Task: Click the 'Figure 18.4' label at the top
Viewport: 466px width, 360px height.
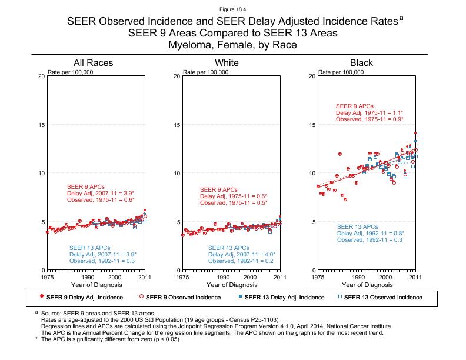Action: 232,10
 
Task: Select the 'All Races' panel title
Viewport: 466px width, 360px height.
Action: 94,63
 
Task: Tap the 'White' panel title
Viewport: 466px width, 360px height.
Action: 227,63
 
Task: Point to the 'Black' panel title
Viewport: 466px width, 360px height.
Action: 361,63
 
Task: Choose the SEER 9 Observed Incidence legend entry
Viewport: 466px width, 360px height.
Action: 179,298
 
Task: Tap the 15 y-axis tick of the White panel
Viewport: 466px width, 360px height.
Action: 177,125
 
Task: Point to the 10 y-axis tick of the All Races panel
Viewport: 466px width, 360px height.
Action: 41,174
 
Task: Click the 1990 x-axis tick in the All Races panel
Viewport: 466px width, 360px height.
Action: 88,277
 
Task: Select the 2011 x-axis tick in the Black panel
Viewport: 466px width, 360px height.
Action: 415,277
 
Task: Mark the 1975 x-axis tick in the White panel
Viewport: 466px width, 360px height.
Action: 183,277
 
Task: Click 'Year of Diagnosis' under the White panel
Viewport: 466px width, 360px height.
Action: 231,285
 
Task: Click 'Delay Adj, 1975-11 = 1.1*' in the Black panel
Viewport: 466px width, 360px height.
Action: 370,112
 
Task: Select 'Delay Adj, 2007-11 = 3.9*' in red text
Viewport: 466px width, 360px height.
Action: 101,193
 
